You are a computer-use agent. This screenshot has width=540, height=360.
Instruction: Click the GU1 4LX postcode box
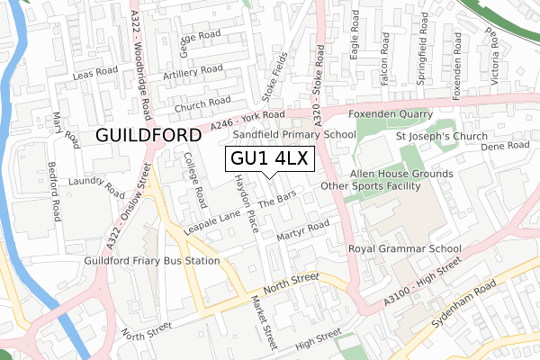269,159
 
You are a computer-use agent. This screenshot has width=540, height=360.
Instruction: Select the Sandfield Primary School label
295,134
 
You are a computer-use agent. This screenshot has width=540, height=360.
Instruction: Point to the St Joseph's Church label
442,137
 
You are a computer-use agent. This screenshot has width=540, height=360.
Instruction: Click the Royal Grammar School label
405,249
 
